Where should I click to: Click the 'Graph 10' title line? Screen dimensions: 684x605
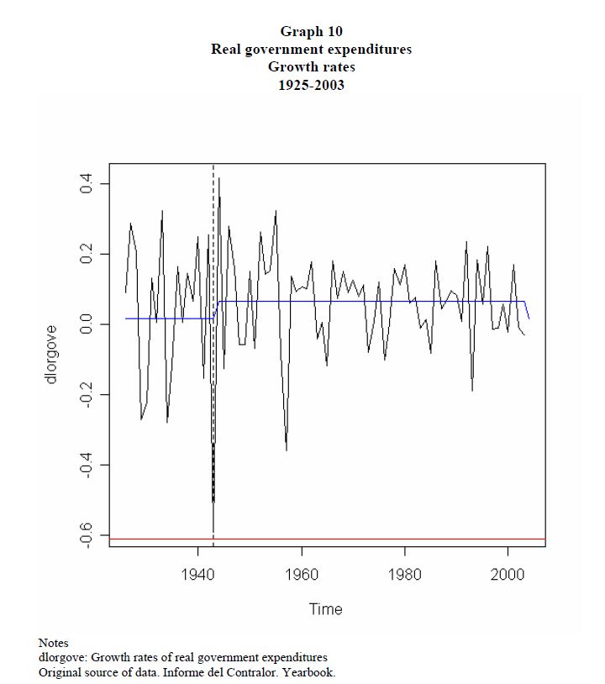click(311, 32)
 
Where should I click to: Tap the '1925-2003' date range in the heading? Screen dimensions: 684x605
click(311, 85)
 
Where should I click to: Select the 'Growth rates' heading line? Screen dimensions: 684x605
click(311, 67)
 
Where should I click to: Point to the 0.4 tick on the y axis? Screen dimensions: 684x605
click(86, 183)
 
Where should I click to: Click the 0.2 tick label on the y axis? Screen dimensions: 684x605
click(86, 254)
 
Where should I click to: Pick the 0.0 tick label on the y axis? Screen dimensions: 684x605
click(86, 324)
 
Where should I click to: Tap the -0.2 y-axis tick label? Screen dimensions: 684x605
click(86, 395)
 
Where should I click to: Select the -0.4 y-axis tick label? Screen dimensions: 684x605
click(86, 466)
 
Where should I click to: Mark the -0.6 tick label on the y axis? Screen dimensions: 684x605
click(86, 535)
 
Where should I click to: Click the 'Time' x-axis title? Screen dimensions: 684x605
click(326, 609)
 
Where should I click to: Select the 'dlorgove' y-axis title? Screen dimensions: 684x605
click(52, 355)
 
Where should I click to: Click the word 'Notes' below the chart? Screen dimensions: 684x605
click(53, 643)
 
